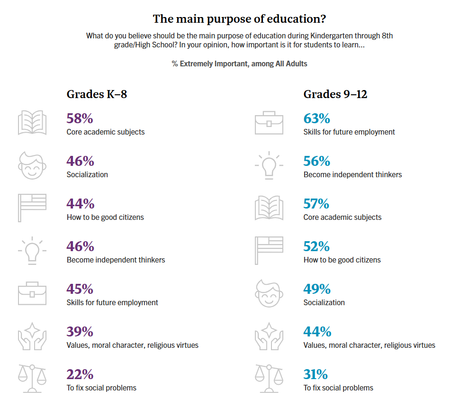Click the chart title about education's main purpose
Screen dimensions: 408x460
click(x=239, y=19)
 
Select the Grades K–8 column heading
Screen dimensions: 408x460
click(x=97, y=94)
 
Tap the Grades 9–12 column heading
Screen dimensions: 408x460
click(x=335, y=94)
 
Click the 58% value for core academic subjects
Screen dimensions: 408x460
click(x=80, y=118)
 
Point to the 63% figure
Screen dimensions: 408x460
click(x=316, y=118)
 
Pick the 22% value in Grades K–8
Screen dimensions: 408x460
click(x=80, y=374)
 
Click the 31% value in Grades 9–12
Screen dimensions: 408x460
click(x=316, y=374)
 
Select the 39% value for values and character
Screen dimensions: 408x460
click(x=80, y=332)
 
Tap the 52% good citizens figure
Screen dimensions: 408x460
click(x=316, y=246)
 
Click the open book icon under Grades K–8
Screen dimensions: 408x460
click(x=32, y=123)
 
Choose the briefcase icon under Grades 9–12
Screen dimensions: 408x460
click(x=269, y=123)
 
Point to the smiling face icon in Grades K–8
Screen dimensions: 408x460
click(x=32, y=165)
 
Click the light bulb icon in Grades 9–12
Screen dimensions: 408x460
click(x=269, y=165)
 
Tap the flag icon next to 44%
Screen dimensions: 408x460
click(x=32, y=208)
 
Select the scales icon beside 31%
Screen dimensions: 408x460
click(x=269, y=378)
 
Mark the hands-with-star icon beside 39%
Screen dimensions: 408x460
click(x=32, y=335)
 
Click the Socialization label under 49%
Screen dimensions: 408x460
click(x=324, y=302)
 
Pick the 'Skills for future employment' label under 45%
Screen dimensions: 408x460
click(x=112, y=302)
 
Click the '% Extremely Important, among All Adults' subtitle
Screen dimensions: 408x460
click(x=239, y=63)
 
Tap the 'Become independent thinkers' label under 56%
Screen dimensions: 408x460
click(x=352, y=174)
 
